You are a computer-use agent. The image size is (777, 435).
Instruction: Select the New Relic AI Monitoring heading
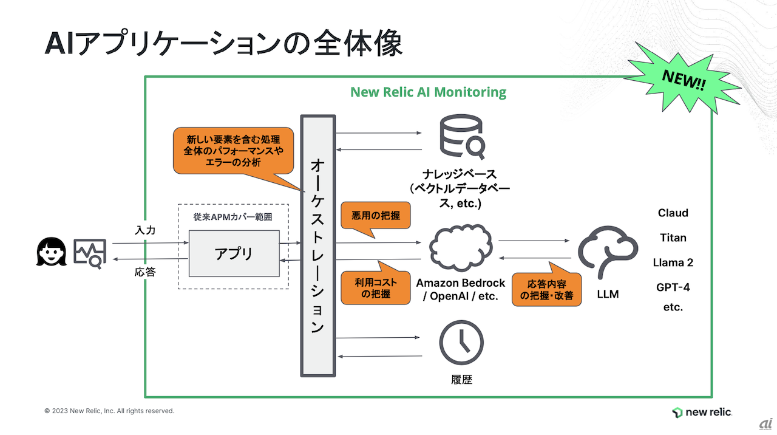tap(428, 92)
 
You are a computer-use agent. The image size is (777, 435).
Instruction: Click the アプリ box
tap(234, 253)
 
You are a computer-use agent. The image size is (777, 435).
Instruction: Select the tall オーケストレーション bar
tap(317, 245)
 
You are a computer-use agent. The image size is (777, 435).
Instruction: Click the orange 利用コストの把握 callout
tap(375, 287)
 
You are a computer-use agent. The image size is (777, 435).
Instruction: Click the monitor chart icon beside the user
tap(90, 253)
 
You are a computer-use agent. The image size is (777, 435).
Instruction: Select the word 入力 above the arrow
tap(145, 231)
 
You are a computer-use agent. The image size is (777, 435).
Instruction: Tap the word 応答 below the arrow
tap(145, 272)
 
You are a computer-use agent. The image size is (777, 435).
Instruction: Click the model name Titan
tap(673, 238)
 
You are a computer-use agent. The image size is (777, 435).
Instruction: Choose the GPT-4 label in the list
tap(673, 287)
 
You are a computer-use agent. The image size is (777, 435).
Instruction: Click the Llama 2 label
tap(673, 263)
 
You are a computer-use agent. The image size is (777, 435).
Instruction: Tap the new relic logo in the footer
tap(702, 413)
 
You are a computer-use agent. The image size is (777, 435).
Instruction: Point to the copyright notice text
tap(109, 411)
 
